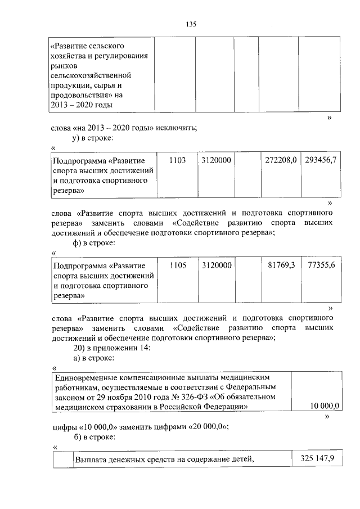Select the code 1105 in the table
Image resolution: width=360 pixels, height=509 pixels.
pyautogui.click(x=177, y=264)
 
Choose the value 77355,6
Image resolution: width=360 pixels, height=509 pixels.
pyautogui.click(x=321, y=264)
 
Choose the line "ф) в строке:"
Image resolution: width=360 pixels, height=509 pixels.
pyautogui.click(x=94, y=242)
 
